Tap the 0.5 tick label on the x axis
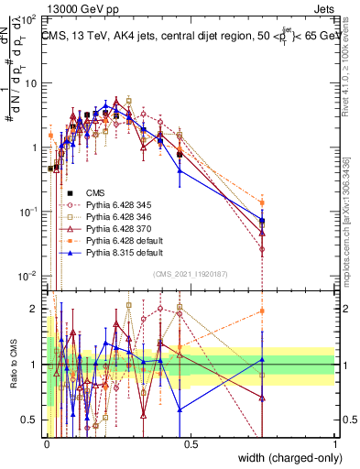[x=191, y=443]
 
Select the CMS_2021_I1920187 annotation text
[x=191, y=273]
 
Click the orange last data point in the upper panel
[x=262, y=202]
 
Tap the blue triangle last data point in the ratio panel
[x=262, y=359]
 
